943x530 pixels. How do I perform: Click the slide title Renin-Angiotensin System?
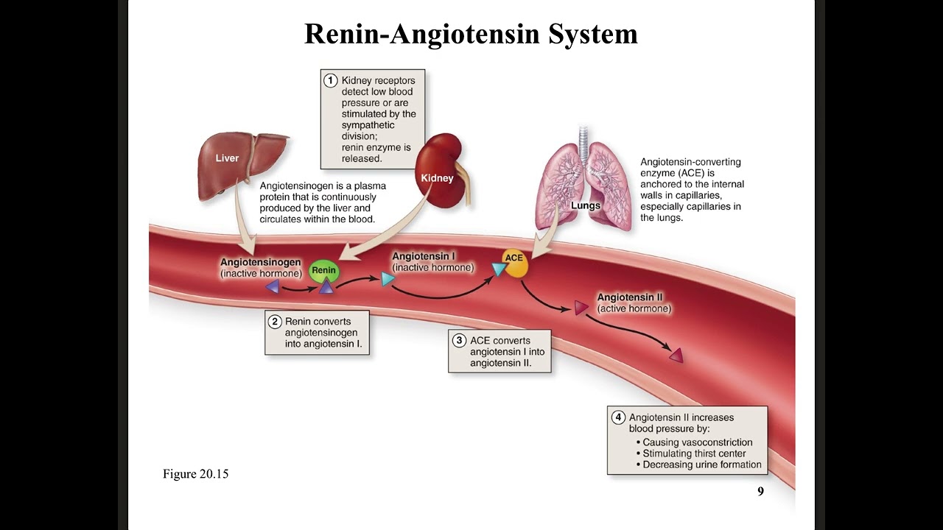click(x=471, y=34)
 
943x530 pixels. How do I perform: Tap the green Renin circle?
click(x=323, y=271)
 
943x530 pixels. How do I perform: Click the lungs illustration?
click(x=584, y=185)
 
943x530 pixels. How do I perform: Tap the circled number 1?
click(x=331, y=80)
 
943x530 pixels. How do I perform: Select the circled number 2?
click(x=275, y=322)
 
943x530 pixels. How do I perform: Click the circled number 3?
click(x=459, y=341)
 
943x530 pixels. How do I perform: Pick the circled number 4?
click(x=618, y=417)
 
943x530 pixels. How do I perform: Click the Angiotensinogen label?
click(x=260, y=263)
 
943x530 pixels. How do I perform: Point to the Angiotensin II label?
click(x=630, y=297)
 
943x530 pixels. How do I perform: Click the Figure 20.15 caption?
click(x=195, y=474)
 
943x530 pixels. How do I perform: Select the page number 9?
click(x=761, y=492)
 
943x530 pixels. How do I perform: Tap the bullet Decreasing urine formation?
click(x=701, y=464)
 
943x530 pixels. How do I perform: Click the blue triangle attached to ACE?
click(x=499, y=269)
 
